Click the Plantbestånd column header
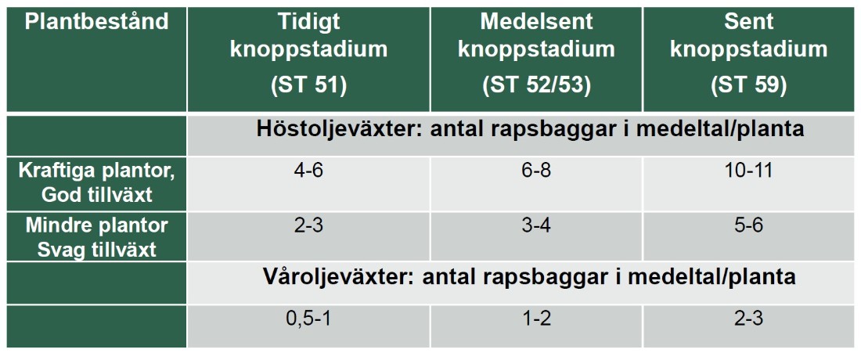coord(96,22)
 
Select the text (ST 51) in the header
coord(308,87)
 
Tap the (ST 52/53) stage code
coord(536,87)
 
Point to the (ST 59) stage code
coord(748,87)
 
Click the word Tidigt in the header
coord(308,23)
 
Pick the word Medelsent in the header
coord(536,22)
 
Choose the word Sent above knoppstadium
coord(748,22)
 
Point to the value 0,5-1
coord(308,319)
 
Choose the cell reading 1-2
coord(536,319)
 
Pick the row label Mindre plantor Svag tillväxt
coord(96,238)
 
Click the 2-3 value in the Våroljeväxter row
coord(748,319)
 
